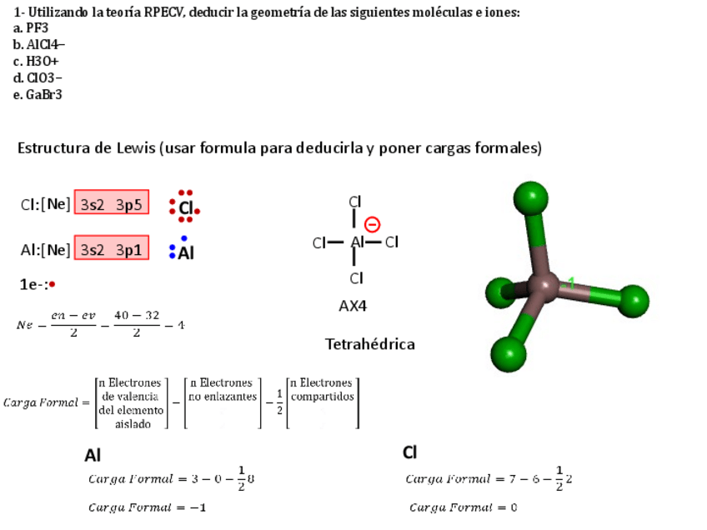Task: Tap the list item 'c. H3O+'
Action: (x=36, y=61)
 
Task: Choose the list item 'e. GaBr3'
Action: (x=38, y=94)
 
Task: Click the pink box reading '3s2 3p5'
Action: (x=112, y=202)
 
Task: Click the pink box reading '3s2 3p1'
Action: (x=112, y=249)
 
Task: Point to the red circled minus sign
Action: (x=373, y=224)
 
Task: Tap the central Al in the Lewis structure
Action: (x=358, y=242)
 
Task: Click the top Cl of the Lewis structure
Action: (x=355, y=202)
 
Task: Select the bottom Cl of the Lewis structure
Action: (x=356, y=278)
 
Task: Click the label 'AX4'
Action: (x=353, y=306)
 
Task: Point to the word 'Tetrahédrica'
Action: (x=369, y=344)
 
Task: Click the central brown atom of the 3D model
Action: (x=544, y=288)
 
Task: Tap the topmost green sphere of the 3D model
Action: (x=530, y=199)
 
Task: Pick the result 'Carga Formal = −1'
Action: (x=148, y=507)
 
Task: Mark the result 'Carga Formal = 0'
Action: (x=464, y=507)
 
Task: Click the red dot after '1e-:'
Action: (x=52, y=284)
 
